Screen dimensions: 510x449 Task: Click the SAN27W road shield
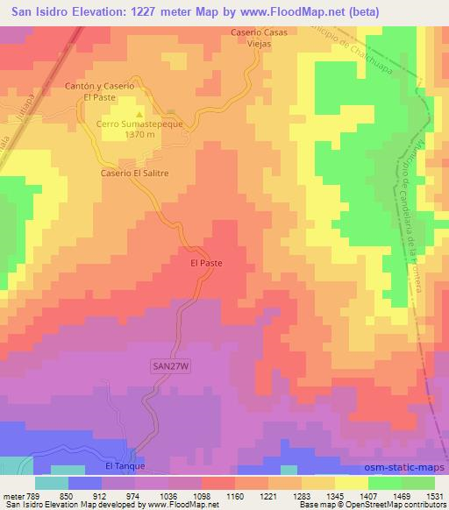point(168,367)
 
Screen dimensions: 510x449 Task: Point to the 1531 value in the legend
point(434,496)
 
